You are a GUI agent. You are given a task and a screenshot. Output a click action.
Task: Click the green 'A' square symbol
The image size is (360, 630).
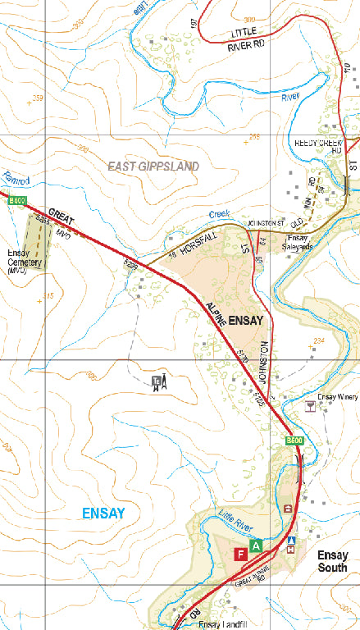[257, 546]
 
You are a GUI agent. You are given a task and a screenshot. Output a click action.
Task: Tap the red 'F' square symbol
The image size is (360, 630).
[241, 555]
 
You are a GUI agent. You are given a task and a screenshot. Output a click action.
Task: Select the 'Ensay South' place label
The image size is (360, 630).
[332, 561]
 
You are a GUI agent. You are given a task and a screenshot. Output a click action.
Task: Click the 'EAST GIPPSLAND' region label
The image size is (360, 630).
[153, 166]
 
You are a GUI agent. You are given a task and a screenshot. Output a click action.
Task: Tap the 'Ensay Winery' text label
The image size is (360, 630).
[338, 397]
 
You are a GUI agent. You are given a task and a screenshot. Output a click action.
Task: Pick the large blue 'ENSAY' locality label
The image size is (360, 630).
[103, 514]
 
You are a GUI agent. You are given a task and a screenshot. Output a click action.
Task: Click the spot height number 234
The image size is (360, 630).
[320, 340]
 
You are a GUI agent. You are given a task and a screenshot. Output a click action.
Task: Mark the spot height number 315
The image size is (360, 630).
[47, 296]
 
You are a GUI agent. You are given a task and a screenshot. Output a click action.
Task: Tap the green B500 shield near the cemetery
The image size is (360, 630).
[16, 201]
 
